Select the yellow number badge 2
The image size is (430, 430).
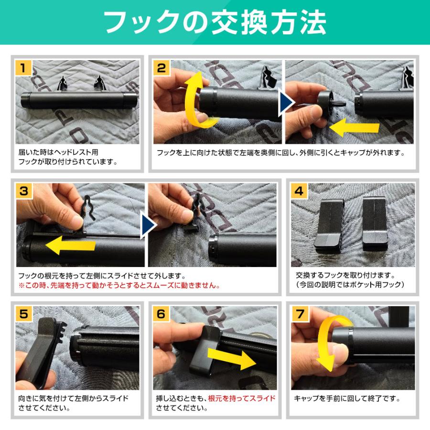162,68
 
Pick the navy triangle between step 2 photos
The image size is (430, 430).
285,101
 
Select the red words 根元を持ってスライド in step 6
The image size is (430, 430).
242,398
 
